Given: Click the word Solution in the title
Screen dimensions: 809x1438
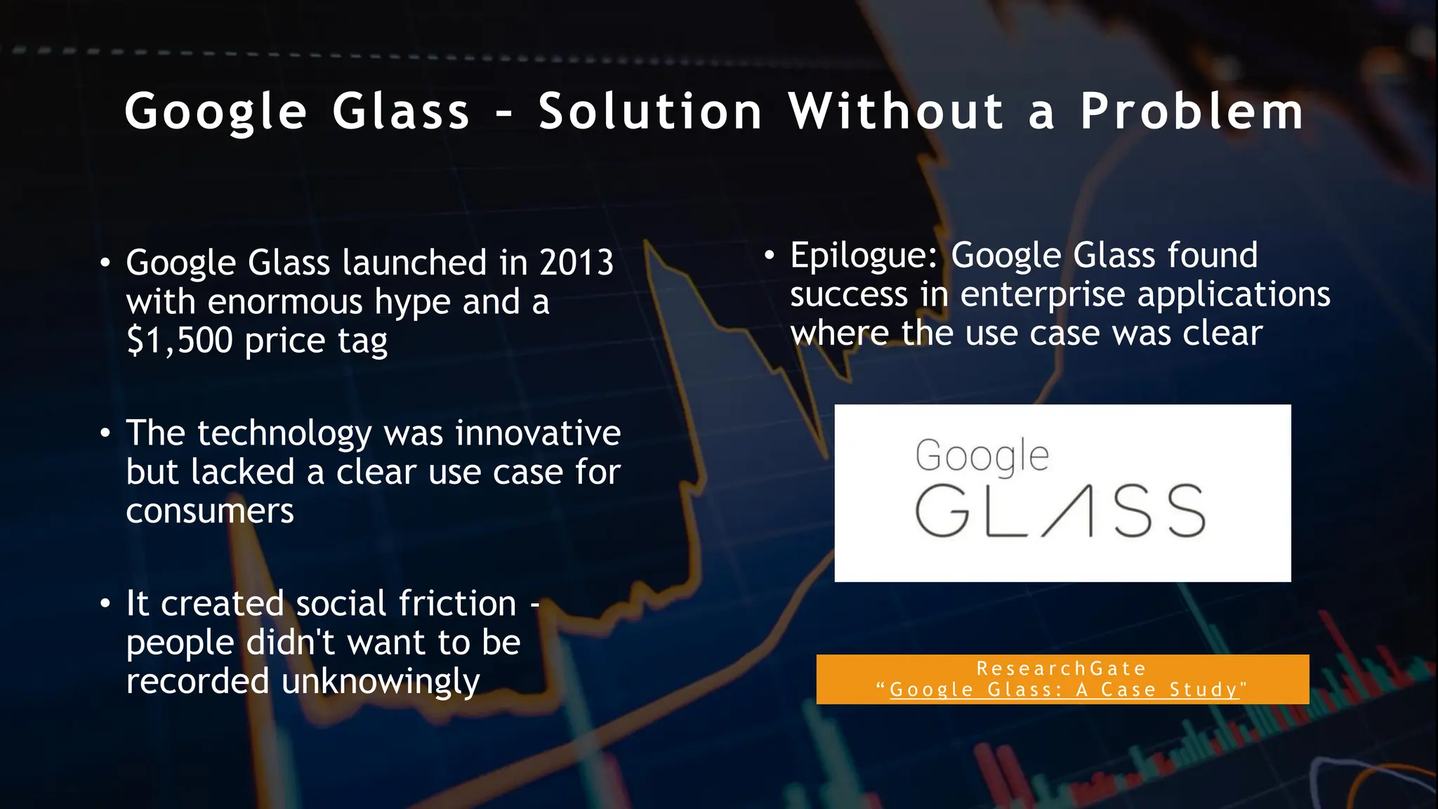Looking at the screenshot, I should point(650,112).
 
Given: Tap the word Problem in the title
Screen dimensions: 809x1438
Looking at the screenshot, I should point(1192,112).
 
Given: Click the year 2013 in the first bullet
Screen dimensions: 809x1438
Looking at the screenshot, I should point(576,263).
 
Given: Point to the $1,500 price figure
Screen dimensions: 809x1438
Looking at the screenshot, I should point(180,341).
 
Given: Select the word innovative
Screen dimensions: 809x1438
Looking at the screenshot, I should point(538,433).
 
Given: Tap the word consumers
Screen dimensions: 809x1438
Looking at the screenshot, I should point(210,511).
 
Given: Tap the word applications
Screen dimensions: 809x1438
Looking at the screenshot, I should point(1234,294).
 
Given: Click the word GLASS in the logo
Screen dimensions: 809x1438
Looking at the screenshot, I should point(1060,511).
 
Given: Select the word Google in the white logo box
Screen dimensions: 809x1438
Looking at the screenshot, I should point(982,456).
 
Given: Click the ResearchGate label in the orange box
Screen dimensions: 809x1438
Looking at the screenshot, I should point(1062,669).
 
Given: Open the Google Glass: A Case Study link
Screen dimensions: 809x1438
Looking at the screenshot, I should point(1064,690).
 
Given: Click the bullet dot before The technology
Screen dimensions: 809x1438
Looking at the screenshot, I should point(105,433).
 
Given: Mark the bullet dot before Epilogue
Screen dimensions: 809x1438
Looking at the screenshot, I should point(770,256).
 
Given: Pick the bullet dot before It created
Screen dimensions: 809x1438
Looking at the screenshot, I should point(105,604).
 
